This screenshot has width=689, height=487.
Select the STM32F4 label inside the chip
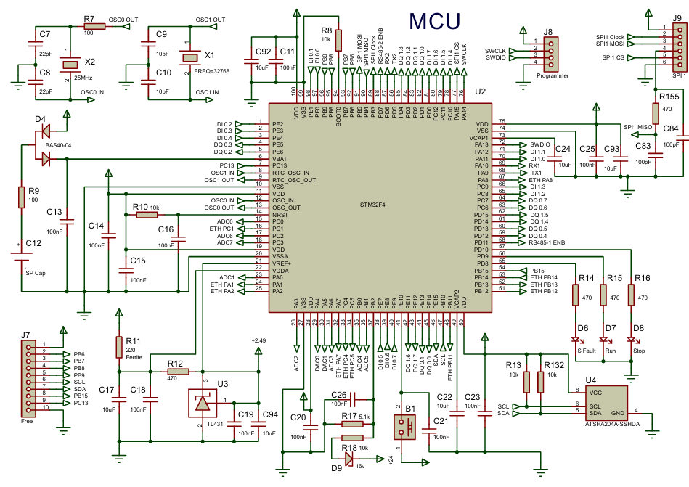374,205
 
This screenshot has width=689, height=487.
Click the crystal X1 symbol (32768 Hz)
189,57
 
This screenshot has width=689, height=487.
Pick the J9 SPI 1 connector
677,45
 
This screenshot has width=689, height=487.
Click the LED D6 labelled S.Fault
578,340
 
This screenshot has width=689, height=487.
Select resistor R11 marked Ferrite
119,347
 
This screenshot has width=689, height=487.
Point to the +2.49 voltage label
258,340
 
